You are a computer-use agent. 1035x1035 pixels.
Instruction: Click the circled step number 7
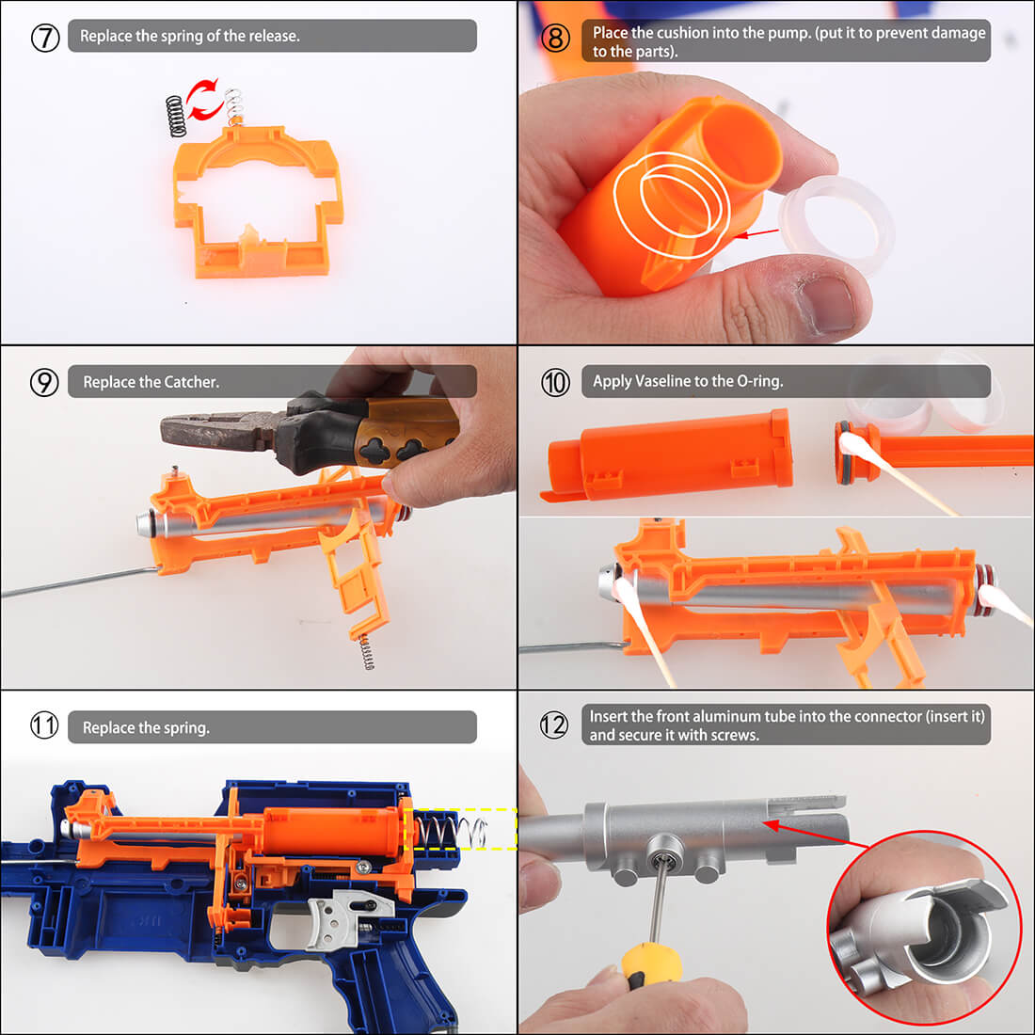coord(45,37)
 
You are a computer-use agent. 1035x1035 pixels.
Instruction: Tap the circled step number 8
coord(555,38)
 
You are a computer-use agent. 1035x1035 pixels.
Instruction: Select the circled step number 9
coord(44,382)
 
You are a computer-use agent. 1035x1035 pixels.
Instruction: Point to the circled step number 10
coord(555,382)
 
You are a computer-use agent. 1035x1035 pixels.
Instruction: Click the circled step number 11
coord(44,725)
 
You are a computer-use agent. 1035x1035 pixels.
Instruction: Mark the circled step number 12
coord(554,724)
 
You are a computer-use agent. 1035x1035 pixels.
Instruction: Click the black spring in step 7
coord(176,116)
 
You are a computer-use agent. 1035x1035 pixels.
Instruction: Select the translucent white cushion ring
coord(836,219)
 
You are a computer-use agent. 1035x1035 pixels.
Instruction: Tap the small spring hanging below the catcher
coord(366,651)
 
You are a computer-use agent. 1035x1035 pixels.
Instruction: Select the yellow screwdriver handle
coord(651,964)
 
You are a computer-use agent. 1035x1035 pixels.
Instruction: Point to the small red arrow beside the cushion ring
coord(757,233)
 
